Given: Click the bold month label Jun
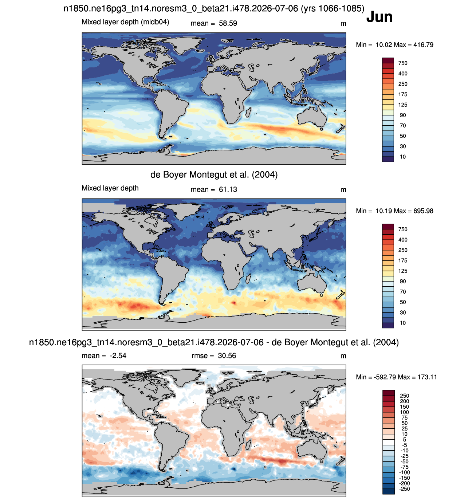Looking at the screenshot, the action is (x=379, y=17).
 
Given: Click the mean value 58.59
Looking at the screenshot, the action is (x=228, y=23).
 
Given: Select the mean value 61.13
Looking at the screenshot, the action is (x=228, y=189).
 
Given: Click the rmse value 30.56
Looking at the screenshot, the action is (x=227, y=355).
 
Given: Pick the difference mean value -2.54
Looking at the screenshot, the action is (x=118, y=355).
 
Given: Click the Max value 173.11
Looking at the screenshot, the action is (x=427, y=377).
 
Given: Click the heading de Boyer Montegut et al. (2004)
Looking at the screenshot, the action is (x=214, y=174).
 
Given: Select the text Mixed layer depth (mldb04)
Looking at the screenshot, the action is (x=125, y=22).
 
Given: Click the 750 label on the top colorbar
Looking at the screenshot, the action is (x=403, y=63).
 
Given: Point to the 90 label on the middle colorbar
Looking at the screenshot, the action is (x=403, y=281).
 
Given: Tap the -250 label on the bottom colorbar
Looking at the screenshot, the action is (x=404, y=489).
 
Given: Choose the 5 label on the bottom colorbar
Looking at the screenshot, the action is (x=404, y=440).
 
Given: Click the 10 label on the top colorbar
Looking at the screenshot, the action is (x=403, y=157).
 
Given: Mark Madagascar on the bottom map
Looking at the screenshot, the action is (x=248, y=445).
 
